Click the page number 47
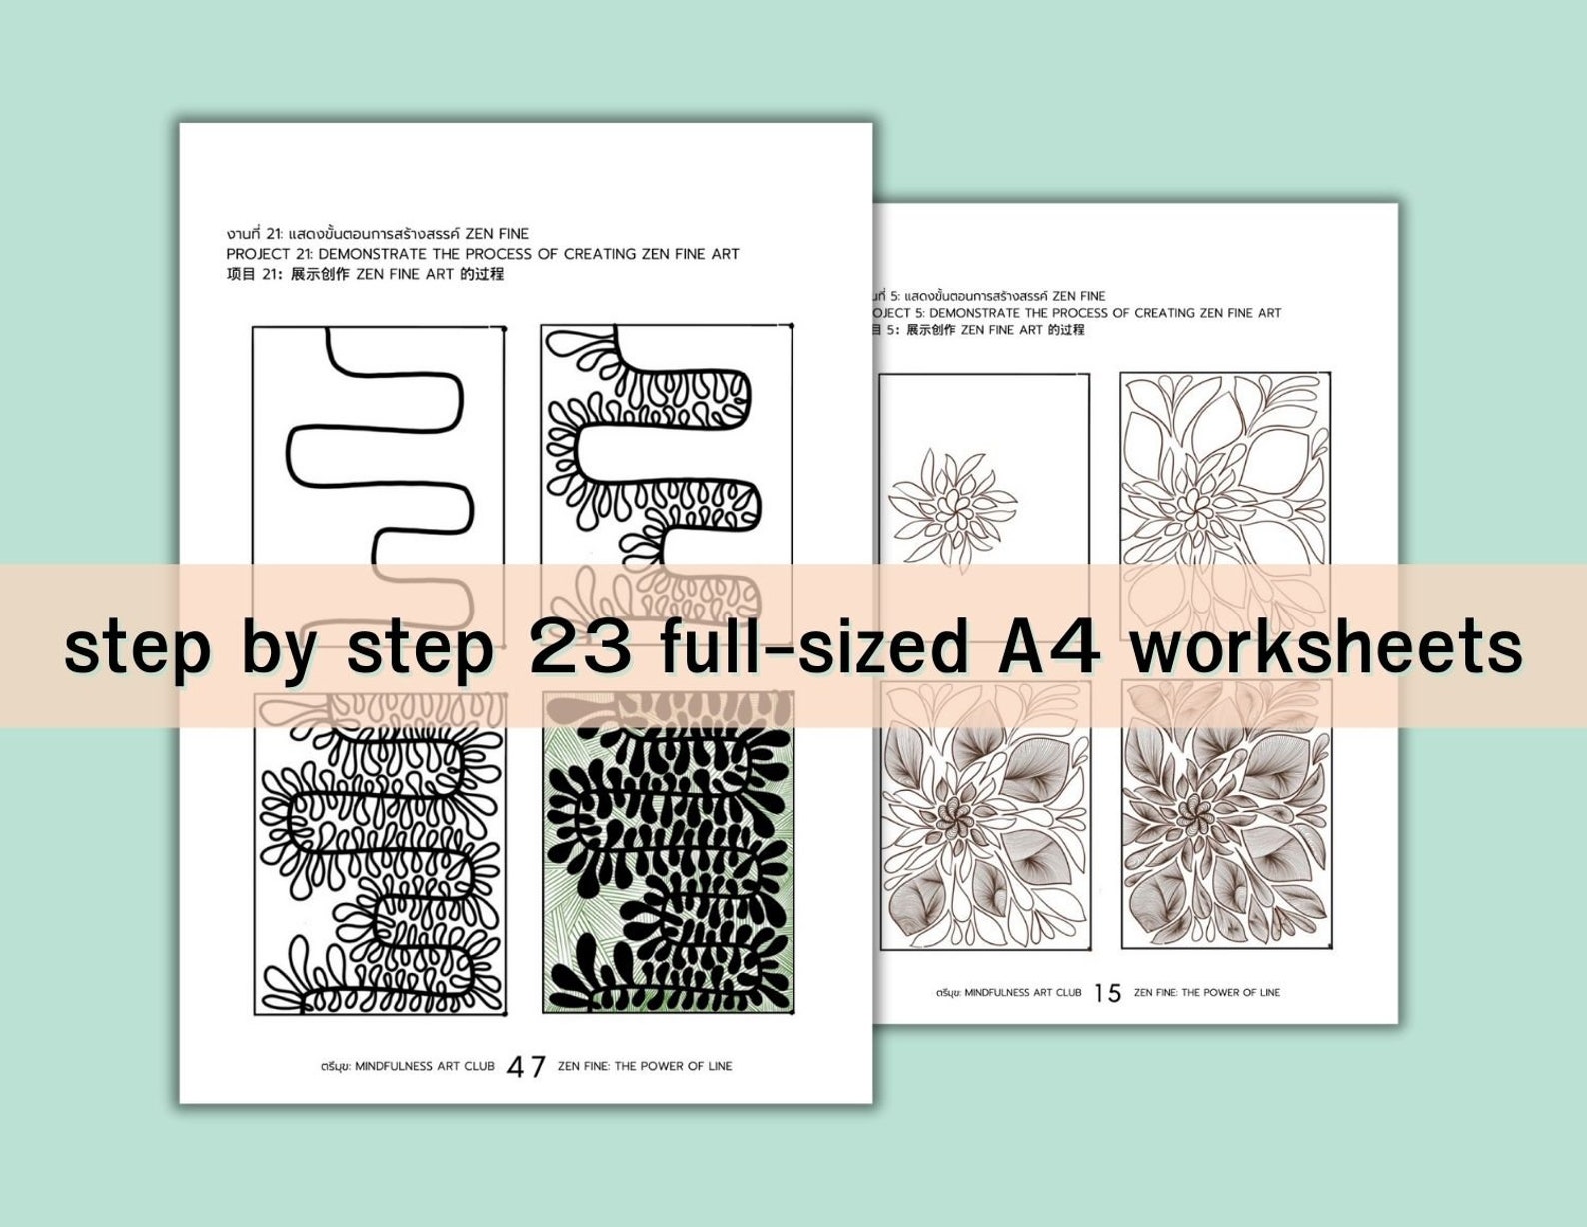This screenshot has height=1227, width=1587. point(526,1067)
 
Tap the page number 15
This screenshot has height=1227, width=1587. point(1107,993)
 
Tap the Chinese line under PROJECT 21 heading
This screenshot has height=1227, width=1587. point(365,274)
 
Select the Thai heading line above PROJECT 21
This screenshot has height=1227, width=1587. point(378,234)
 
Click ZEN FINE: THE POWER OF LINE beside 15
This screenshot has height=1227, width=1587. point(1207,992)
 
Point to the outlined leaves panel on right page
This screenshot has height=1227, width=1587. point(1225,470)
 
